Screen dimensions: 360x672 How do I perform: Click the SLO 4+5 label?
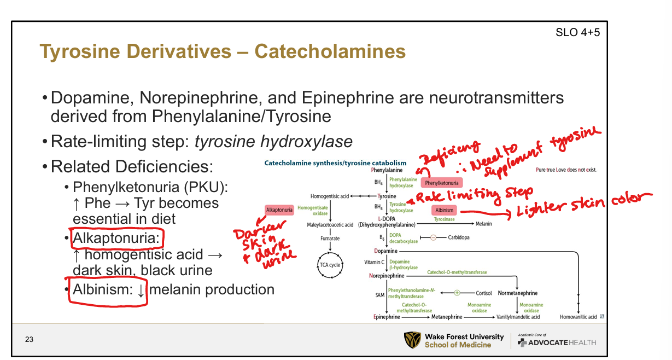(577, 32)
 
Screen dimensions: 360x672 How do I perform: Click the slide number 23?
(29, 340)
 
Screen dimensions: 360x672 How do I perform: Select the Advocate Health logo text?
(563, 342)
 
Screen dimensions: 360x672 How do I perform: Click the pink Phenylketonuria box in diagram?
(441, 183)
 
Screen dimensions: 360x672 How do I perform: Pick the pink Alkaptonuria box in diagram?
(279, 210)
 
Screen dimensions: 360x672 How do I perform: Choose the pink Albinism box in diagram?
(444, 210)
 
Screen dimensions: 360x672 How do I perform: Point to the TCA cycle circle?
(330, 265)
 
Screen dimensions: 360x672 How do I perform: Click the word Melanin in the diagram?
(483, 224)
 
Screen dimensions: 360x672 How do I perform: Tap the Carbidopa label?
(458, 237)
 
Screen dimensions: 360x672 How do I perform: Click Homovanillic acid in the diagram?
(578, 317)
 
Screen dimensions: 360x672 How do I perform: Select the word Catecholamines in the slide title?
(330, 51)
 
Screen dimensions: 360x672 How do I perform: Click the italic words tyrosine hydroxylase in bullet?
(273, 142)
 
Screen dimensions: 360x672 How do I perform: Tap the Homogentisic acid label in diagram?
(330, 196)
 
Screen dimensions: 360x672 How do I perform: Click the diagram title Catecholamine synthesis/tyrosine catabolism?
(335, 162)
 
